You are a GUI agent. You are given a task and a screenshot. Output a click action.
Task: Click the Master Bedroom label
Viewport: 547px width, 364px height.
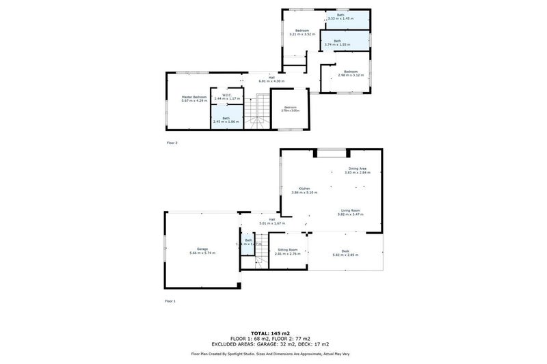tap(194, 97)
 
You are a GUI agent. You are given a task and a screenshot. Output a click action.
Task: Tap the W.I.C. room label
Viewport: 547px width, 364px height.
tap(227, 95)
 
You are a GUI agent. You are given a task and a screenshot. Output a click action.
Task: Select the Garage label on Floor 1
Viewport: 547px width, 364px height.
tap(202, 249)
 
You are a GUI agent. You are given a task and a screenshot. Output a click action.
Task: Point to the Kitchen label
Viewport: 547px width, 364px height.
tap(304, 188)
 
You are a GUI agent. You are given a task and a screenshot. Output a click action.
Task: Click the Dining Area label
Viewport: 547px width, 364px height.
tap(358, 168)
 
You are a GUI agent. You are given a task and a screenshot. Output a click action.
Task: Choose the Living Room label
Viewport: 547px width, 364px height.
tap(349, 210)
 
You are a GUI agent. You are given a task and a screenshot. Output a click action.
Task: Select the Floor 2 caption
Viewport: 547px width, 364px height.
tap(172, 143)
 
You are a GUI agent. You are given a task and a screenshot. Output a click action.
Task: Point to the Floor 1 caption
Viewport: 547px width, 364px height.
tap(170, 300)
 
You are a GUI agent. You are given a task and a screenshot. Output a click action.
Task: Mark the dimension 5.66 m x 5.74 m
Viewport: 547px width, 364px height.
tap(202, 253)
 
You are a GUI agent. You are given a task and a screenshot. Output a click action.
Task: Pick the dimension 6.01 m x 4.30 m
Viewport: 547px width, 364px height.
tap(271, 81)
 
